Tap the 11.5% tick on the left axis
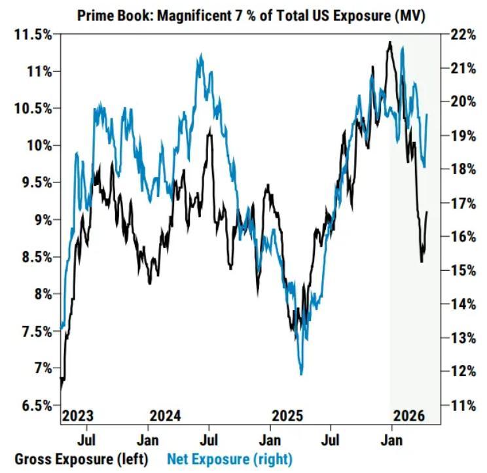click(32, 34)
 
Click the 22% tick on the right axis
click(462, 34)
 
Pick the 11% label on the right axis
click(461, 406)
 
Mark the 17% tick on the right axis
click(462, 203)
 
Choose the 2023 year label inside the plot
click(78, 416)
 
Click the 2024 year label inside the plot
click(166, 416)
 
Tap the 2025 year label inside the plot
click(287, 416)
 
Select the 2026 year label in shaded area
click(409, 416)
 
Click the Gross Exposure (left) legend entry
click(82, 458)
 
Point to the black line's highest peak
click(389, 43)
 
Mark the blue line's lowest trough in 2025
click(301, 374)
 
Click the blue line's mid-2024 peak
click(200, 56)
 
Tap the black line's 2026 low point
click(421, 262)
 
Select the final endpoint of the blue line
click(427, 114)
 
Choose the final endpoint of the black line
click(427, 211)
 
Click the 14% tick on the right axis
click(462, 304)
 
